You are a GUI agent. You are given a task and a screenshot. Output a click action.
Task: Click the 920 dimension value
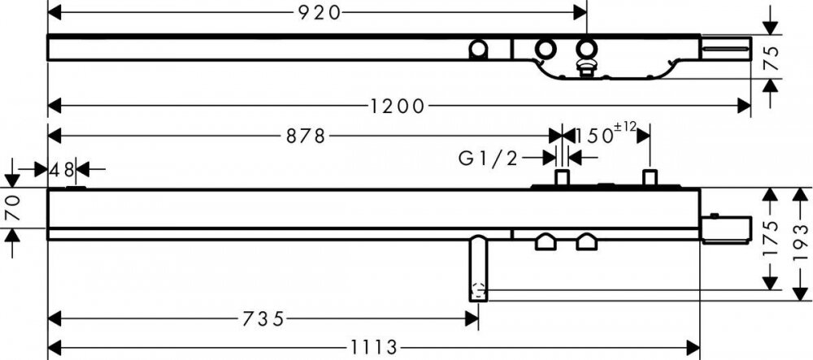coord(320,12)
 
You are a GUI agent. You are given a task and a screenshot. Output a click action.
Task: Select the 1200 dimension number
coord(398,106)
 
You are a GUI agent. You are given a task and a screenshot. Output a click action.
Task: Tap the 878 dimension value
coord(306,137)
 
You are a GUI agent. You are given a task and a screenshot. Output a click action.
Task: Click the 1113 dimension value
coord(373,347)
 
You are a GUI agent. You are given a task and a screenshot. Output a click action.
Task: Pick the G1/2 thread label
coord(488,158)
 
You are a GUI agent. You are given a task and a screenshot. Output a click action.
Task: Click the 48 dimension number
coord(62,169)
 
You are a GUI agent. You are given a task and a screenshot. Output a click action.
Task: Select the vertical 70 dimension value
coord(12,208)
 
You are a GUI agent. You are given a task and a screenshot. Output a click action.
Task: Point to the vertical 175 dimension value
coord(771,238)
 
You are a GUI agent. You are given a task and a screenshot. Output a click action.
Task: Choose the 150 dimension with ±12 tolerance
coord(605,134)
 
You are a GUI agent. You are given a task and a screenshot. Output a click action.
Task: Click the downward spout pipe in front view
coord(478,268)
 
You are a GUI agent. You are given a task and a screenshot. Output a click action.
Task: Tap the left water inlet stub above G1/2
coord(562,177)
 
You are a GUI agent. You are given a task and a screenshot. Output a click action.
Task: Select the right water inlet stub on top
coord(650,177)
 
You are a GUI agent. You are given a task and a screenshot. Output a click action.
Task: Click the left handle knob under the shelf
coord(546,242)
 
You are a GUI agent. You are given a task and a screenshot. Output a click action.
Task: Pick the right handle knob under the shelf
coord(586,242)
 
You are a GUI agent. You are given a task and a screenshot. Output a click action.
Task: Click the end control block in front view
coord(726,229)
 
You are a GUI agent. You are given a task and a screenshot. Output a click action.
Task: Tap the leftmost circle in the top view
coord(478,50)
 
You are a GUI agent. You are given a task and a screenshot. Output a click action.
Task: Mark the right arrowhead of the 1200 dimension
coord(745,106)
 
